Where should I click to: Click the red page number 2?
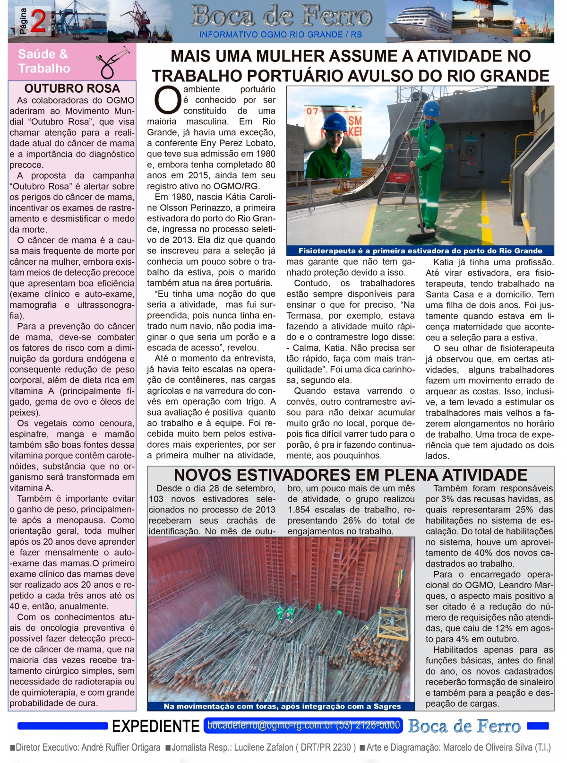[x=38, y=22]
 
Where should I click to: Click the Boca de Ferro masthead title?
[x=281, y=17]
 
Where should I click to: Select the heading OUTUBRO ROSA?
[x=72, y=88]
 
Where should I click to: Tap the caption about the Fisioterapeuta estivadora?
[x=420, y=251]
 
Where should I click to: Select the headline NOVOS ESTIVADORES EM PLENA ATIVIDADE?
[x=351, y=475]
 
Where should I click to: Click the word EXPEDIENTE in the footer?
[x=155, y=726]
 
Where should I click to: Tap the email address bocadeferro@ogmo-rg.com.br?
[x=270, y=725]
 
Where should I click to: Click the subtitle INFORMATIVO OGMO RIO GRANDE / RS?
[x=281, y=35]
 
